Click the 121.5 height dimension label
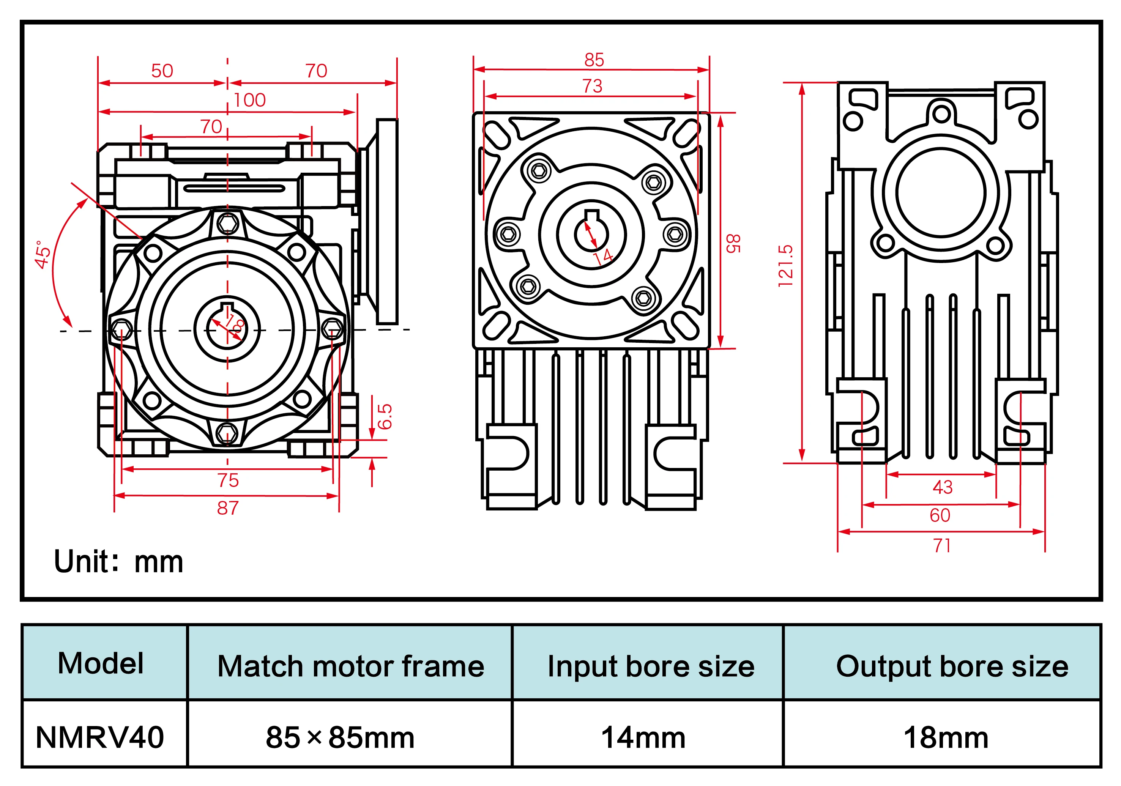785,266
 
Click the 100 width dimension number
249,101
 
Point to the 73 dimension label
592,87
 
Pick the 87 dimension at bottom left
227,508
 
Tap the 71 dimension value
942,546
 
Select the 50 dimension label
162,71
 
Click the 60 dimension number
940,515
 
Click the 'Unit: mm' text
119,562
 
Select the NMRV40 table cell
100,737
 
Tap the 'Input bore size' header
650,666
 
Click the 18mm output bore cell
946,737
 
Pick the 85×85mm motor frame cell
340,737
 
